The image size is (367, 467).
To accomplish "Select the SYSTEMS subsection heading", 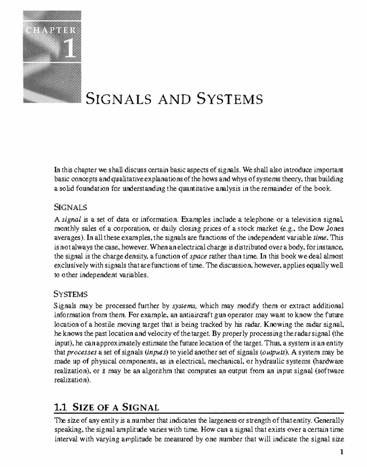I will click(x=71, y=294).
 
